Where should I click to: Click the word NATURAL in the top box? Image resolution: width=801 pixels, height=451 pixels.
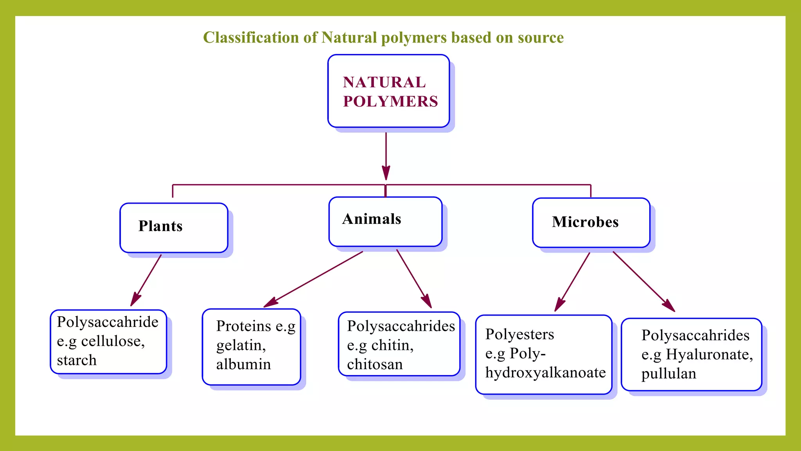[384, 82]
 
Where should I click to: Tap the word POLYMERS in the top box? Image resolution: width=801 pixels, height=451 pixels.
[390, 101]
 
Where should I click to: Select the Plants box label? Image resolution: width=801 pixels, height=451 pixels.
[160, 226]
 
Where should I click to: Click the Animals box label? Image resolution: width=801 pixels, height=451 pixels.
[372, 219]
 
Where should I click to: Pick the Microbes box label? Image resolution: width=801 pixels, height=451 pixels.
[585, 222]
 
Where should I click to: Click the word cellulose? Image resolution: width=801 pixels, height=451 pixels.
[111, 341]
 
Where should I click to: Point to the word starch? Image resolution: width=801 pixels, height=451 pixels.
[77, 360]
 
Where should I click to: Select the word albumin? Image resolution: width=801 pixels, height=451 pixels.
[243, 364]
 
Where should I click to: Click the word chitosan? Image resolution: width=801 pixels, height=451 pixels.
[374, 364]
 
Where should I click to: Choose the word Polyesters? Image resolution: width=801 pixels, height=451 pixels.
[519, 334]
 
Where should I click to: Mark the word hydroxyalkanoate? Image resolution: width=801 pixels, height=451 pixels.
[545, 373]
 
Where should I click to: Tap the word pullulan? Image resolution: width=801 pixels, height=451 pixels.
[668, 374]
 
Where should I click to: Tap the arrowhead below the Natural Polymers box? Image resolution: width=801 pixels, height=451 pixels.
[386, 172]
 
